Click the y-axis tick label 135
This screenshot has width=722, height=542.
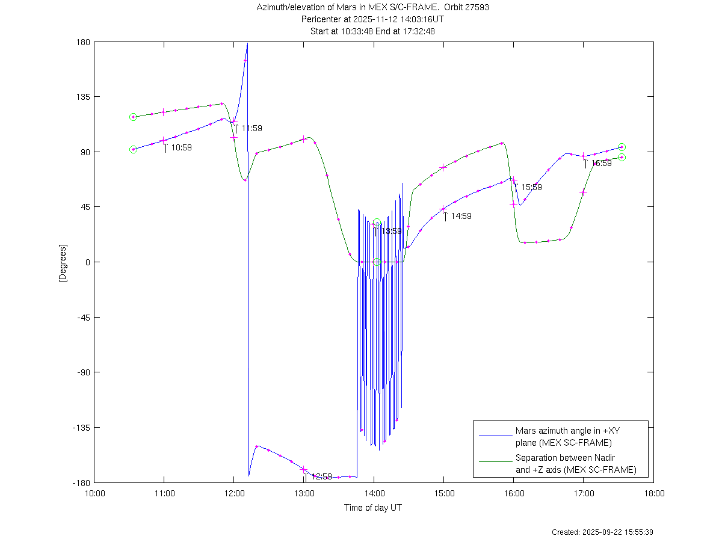click(x=82, y=96)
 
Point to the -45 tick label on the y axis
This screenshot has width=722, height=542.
click(x=82, y=317)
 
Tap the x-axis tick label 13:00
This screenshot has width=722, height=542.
click(x=304, y=493)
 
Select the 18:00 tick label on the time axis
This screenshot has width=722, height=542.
click(x=654, y=493)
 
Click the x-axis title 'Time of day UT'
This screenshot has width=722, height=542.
click(x=373, y=508)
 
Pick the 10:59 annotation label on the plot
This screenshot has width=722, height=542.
click(x=181, y=147)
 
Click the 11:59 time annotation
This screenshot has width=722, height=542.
click(x=251, y=128)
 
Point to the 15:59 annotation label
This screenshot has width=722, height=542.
click(x=531, y=187)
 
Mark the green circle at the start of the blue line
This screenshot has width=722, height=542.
click(x=133, y=149)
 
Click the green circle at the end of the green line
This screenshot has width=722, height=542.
click(x=622, y=158)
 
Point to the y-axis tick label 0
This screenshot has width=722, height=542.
click(x=87, y=262)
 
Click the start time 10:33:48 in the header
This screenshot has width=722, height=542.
click(x=355, y=31)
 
